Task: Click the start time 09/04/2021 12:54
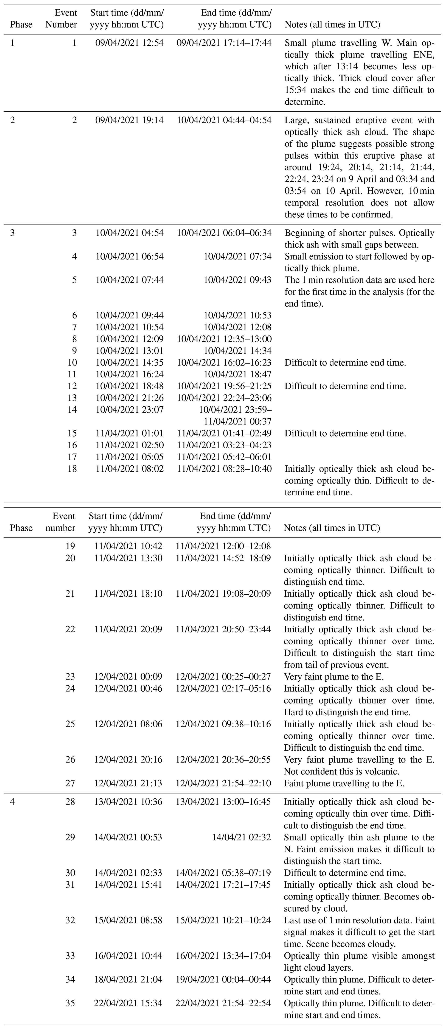(129, 43)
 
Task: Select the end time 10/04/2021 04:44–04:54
(224, 120)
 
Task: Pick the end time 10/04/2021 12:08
(237, 327)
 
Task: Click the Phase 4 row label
(12, 802)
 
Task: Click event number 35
(70, 1003)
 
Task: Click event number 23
(70, 677)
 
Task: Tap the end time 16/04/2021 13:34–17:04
(223, 956)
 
